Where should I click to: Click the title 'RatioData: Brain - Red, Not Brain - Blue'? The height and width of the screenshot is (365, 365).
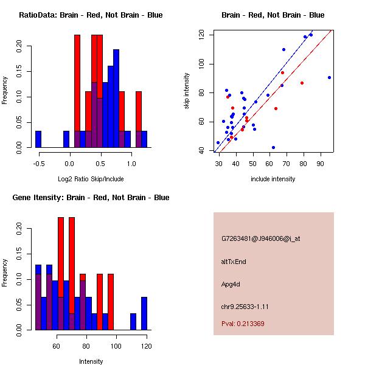[x=91, y=15]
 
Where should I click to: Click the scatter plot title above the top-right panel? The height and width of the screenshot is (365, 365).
[x=273, y=15]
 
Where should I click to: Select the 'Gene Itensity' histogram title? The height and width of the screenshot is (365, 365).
[x=91, y=198]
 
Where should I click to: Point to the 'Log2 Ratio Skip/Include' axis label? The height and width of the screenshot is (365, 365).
[x=91, y=179]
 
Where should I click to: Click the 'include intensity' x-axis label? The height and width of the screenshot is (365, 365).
[x=273, y=179]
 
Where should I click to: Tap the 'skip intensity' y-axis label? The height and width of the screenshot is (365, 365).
[x=187, y=91]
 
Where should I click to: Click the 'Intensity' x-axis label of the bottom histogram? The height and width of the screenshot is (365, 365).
[x=91, y=361]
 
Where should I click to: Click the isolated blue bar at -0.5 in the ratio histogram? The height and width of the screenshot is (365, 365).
[x=38, y=139]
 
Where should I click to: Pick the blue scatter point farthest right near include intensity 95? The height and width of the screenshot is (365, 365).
[x=329, y=77]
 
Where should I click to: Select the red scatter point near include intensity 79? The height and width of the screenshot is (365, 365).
[x=302, y=83]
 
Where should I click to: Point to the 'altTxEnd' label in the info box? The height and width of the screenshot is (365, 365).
[x=233, y=262]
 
